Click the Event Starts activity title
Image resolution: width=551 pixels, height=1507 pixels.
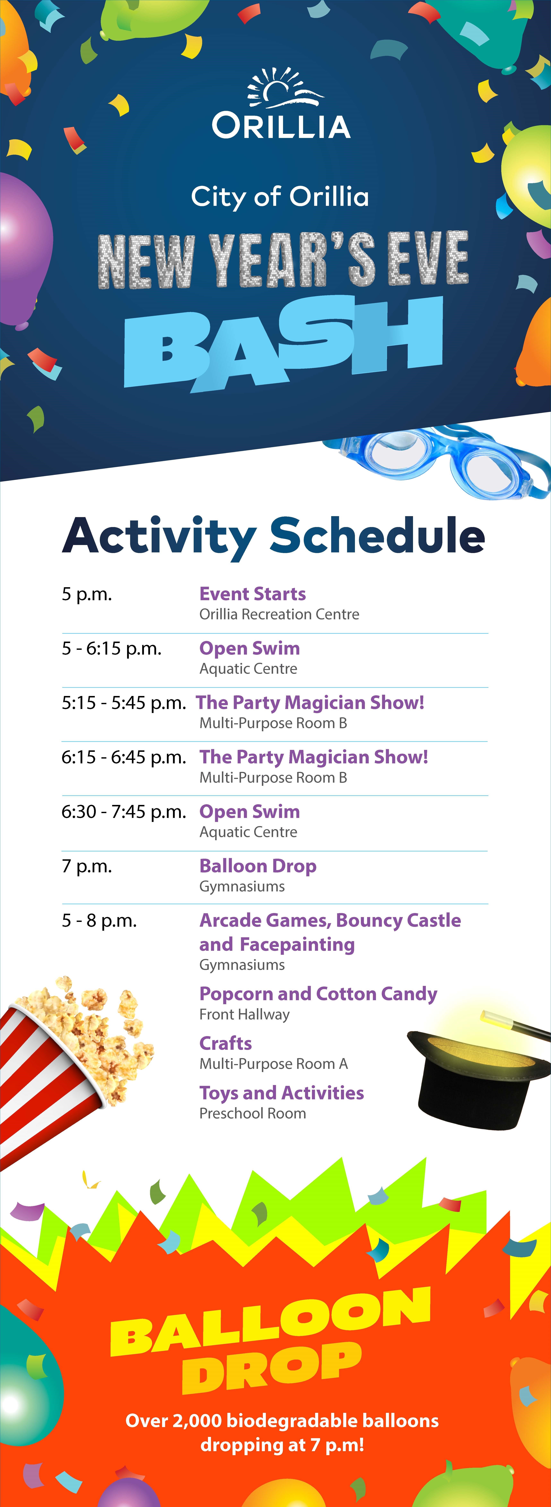253,594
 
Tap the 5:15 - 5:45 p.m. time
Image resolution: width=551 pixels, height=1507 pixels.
124,703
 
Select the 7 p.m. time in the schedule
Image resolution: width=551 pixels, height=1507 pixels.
87,866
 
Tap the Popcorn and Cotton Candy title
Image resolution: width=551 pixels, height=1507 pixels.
318,994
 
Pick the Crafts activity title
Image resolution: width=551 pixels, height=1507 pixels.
226,1043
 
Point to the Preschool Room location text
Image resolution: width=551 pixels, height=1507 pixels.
253,1113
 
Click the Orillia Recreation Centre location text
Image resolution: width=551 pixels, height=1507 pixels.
280,614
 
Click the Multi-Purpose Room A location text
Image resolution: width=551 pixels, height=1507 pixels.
274,1064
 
